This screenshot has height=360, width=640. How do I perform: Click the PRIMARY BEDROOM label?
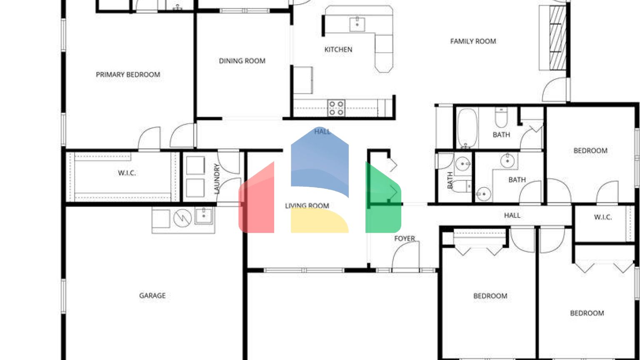[128, 75]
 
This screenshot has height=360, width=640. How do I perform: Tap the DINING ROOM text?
[242, 61]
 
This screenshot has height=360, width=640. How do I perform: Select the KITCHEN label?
[338, 50]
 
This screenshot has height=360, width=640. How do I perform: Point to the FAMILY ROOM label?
[473, 41]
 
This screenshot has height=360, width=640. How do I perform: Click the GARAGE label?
[152, 295]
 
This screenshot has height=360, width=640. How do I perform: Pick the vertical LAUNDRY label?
[217, 178]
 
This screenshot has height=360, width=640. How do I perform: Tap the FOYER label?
[405, 238]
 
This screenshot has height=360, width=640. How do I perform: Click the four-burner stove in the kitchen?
[336, 108]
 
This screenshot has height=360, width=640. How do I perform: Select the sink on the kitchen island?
[357, 24]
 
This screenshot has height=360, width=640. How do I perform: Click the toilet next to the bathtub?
[500, 118]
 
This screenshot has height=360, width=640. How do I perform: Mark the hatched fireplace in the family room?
[557, 37]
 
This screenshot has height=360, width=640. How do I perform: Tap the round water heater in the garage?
[182, 218]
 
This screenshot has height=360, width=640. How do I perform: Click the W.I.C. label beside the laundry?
[127, 173]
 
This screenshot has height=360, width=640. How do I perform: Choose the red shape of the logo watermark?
[256, 200]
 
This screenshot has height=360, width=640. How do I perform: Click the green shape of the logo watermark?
[383, 200]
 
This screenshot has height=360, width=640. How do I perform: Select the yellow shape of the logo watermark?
[319, 221]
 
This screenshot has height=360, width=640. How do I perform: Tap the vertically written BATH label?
[450, 180]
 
